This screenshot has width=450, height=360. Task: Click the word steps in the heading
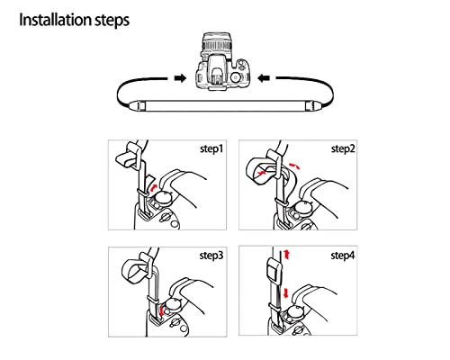pyautogui.click(x=131, y=19)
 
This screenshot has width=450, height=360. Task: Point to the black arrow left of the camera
pyautogui.click(x=180, y=78)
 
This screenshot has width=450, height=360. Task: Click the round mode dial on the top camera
pyautogui.click(x=237, y=79)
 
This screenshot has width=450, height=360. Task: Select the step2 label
pyautogui.click(x=342, y=149)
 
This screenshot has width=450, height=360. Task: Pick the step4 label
pyautogui.click(x=342, y=256)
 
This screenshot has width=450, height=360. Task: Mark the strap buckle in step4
pyautogui.click(x=272, y=272)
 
